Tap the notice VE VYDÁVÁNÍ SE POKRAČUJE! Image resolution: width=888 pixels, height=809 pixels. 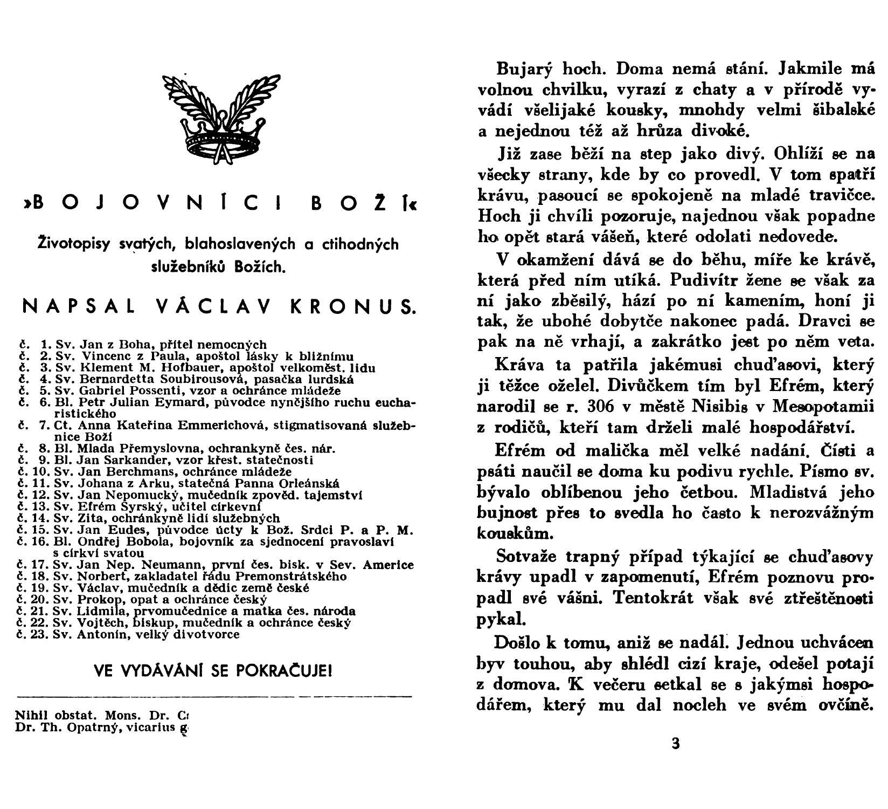[213, 671]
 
